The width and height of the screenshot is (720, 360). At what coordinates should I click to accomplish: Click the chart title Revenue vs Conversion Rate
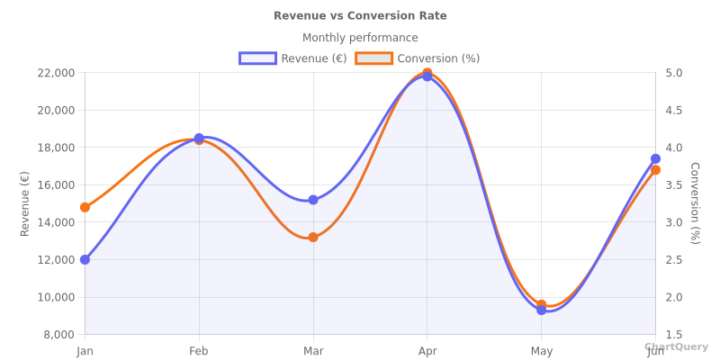click(360, 15)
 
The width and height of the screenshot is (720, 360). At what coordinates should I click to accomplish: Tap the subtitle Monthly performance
click(360, 38)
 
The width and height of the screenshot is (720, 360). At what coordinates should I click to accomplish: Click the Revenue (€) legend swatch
click(257, 58)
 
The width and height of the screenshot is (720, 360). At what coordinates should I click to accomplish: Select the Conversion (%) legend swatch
click(373, 58)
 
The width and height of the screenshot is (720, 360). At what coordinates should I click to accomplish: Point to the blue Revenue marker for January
click(85, 259)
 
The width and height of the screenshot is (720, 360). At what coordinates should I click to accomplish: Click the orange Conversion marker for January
click(85, 207)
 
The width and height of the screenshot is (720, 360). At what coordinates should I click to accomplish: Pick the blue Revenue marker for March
click(313, 200)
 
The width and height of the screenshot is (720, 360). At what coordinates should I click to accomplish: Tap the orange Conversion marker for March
click(313, 238)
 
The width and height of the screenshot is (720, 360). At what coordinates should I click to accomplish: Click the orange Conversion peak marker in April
click(427, 72)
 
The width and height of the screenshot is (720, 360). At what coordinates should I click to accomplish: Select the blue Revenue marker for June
click(655, 158)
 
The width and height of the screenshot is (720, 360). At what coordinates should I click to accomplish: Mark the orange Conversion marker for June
click(655, 170)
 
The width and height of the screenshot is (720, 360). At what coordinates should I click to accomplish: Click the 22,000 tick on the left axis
click(56, 73)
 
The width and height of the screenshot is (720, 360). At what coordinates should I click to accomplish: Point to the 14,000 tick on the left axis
click(56, 222)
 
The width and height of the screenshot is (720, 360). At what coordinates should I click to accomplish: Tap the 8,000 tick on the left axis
click(59, 335)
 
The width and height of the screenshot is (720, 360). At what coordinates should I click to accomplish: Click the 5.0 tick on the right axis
click(673, 73)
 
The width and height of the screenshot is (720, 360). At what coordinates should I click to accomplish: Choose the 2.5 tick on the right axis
click(673, 260)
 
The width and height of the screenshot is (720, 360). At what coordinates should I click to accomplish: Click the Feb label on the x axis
click(199, 351)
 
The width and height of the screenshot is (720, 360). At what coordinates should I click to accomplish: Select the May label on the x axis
click(541, 351)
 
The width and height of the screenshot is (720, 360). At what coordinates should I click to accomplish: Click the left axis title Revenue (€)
click(25, 203)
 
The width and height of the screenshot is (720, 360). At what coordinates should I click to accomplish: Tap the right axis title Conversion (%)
click(694, 203)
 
